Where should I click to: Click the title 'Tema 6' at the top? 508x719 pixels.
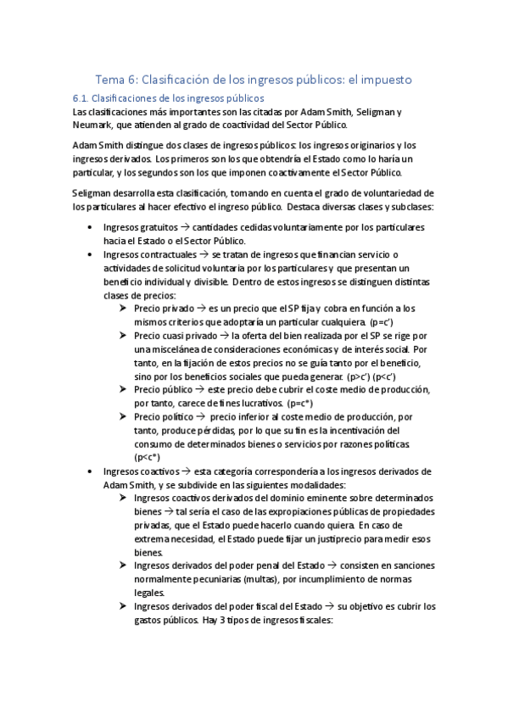(116, 80)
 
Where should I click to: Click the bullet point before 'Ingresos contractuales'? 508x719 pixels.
(91, 254)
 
